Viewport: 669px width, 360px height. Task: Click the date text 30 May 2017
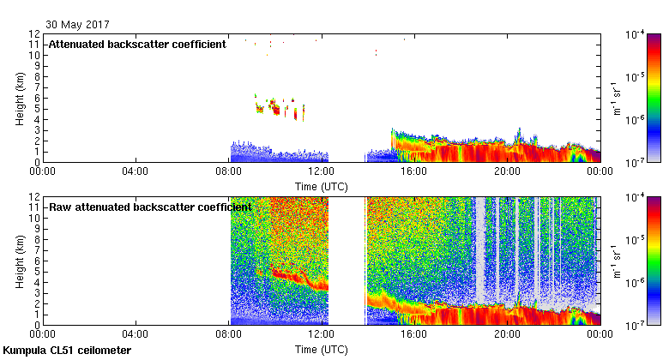pos(77,25)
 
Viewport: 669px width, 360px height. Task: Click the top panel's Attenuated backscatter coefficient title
pos(137,45)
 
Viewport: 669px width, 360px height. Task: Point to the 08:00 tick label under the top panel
pos(229,170)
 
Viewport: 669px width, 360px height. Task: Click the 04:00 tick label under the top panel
pos(136,170)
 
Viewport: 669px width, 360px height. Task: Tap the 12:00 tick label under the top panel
pos(322,170)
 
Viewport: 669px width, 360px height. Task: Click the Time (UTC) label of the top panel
pos(322,184)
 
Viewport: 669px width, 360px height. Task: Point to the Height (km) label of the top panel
pos(20,98)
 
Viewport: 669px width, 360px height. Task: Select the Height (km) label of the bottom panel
pos(20,261)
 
